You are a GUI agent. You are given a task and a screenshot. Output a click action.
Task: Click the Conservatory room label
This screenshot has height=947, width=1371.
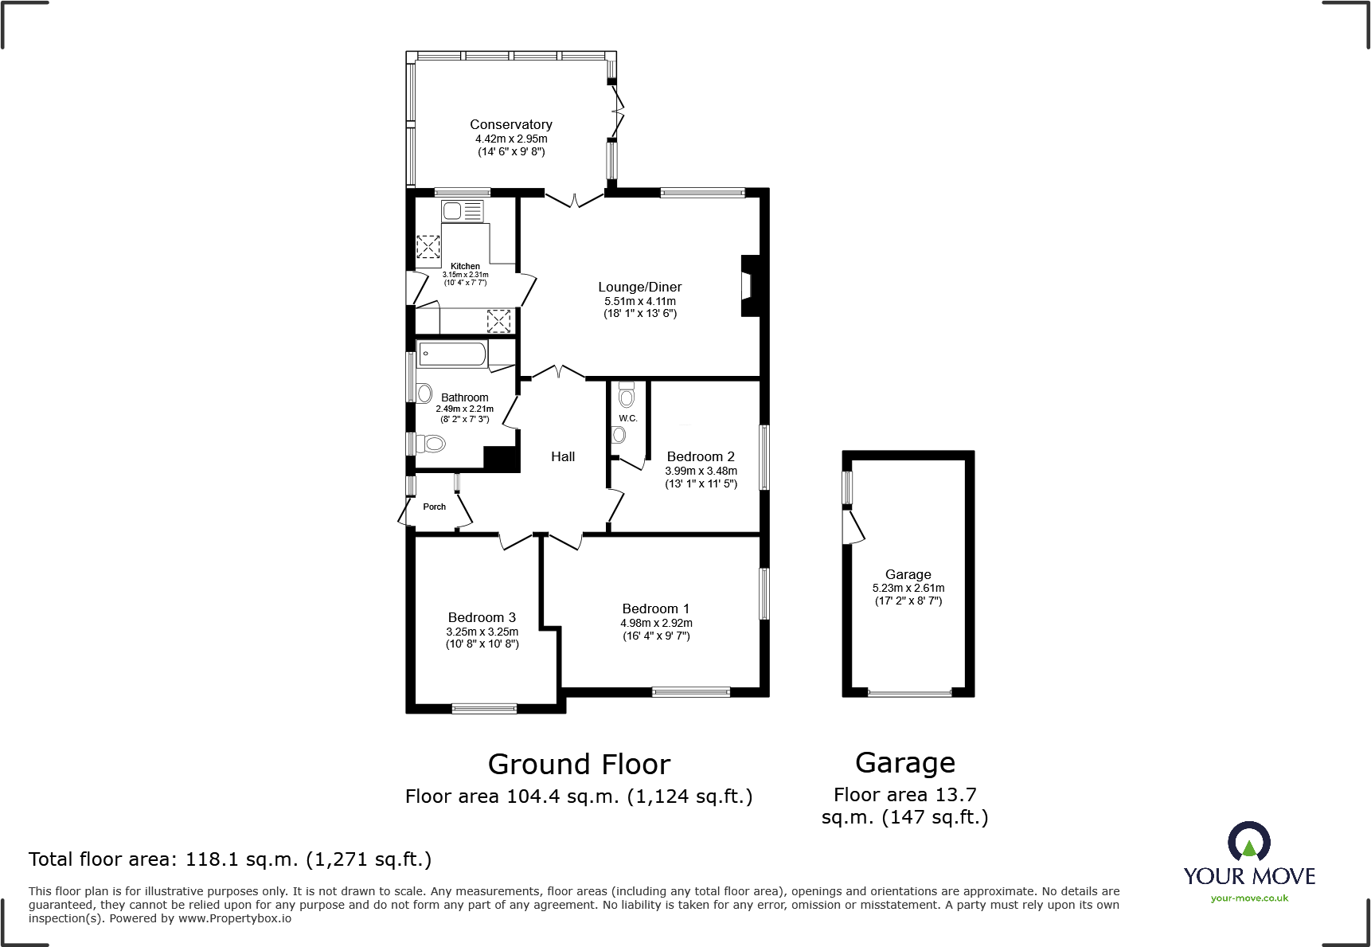click(x=510, y=124)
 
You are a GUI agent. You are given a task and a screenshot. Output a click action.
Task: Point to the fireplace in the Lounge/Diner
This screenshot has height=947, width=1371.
click(x=749, y=286)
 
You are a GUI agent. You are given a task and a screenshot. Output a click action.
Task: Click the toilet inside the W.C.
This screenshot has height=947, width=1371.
click(x=627, y=396)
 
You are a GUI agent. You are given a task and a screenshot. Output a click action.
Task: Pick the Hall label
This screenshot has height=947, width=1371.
click(x=563, y=456)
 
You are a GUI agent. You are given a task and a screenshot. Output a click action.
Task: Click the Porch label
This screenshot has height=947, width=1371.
click(x=434, y=507)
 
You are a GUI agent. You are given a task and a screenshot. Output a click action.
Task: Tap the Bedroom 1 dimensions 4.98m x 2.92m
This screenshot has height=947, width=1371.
click(x=656, y=623)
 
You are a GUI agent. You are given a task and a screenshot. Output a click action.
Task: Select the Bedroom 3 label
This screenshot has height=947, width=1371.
click(x=482, y=617)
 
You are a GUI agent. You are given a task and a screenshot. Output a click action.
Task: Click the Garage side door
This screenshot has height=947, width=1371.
click(x=853, y=526)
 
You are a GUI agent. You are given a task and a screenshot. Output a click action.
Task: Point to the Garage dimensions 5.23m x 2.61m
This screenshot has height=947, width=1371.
click(x=908, y=588)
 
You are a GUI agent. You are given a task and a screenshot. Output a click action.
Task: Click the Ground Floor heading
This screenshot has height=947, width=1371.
click(x=579, y=765)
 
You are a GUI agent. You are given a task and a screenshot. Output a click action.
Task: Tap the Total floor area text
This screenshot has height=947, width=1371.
click(x=230, y=859)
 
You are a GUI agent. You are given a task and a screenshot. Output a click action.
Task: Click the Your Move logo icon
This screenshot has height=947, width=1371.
click(x=1248, y=841)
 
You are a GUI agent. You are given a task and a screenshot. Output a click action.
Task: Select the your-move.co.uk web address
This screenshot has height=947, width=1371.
click(x=1249, y=898)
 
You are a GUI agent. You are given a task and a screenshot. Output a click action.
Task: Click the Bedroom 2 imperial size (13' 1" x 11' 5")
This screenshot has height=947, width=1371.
click(x=701, y=483)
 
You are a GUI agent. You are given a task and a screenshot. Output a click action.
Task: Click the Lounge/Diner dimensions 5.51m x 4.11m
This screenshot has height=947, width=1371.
click(x=639, y=301)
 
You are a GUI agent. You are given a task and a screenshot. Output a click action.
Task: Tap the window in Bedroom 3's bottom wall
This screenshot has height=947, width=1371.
click(x=484, y=708)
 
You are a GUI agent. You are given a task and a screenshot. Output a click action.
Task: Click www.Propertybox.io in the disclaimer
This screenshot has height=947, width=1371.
click(x=235, y=918)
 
